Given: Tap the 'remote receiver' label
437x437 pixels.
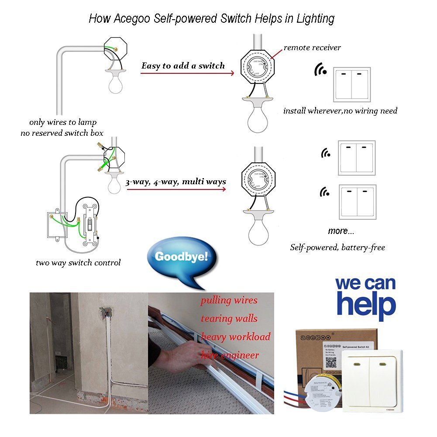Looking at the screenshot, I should click(312, 47).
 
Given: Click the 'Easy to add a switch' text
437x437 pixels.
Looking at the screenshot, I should click(183, 66).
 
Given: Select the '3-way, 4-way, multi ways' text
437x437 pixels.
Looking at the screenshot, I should click(176, 182).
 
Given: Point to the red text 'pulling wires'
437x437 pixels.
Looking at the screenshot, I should click(229, 300).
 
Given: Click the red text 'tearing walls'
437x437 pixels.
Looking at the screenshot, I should click(229, 318).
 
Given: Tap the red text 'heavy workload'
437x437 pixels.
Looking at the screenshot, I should click(236, 337).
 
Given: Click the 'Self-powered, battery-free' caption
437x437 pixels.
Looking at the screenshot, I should click(337, 248).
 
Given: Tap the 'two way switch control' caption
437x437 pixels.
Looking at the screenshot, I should click(78, 263).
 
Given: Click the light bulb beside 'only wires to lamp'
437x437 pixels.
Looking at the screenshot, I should click(115, 82).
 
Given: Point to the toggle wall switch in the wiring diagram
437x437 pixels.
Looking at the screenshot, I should click(90, 224).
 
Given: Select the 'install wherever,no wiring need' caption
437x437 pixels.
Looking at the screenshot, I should click(340, 111).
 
